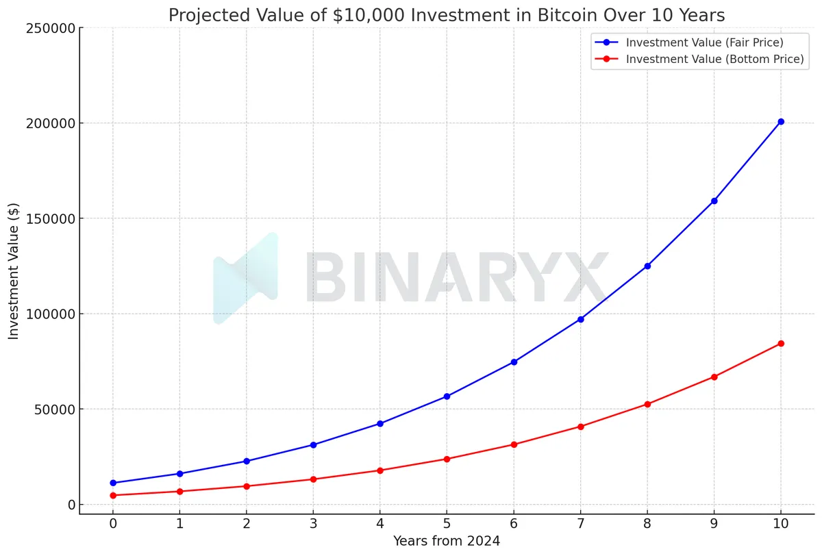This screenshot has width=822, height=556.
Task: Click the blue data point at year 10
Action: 781,122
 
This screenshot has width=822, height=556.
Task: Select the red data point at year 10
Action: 781,344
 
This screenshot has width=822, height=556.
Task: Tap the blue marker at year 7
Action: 581,319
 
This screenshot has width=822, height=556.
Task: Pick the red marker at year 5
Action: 447,459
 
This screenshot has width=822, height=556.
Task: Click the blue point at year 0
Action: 113,483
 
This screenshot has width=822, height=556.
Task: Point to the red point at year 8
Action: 647,404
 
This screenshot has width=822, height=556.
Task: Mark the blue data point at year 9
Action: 714,201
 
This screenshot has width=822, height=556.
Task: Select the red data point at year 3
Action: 313,479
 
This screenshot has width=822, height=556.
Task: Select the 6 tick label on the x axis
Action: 514,524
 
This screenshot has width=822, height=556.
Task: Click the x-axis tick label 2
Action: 247,524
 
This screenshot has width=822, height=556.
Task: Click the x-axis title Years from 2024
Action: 447,542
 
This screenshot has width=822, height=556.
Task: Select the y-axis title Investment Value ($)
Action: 14,271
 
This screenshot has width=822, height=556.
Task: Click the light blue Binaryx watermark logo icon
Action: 247,278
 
